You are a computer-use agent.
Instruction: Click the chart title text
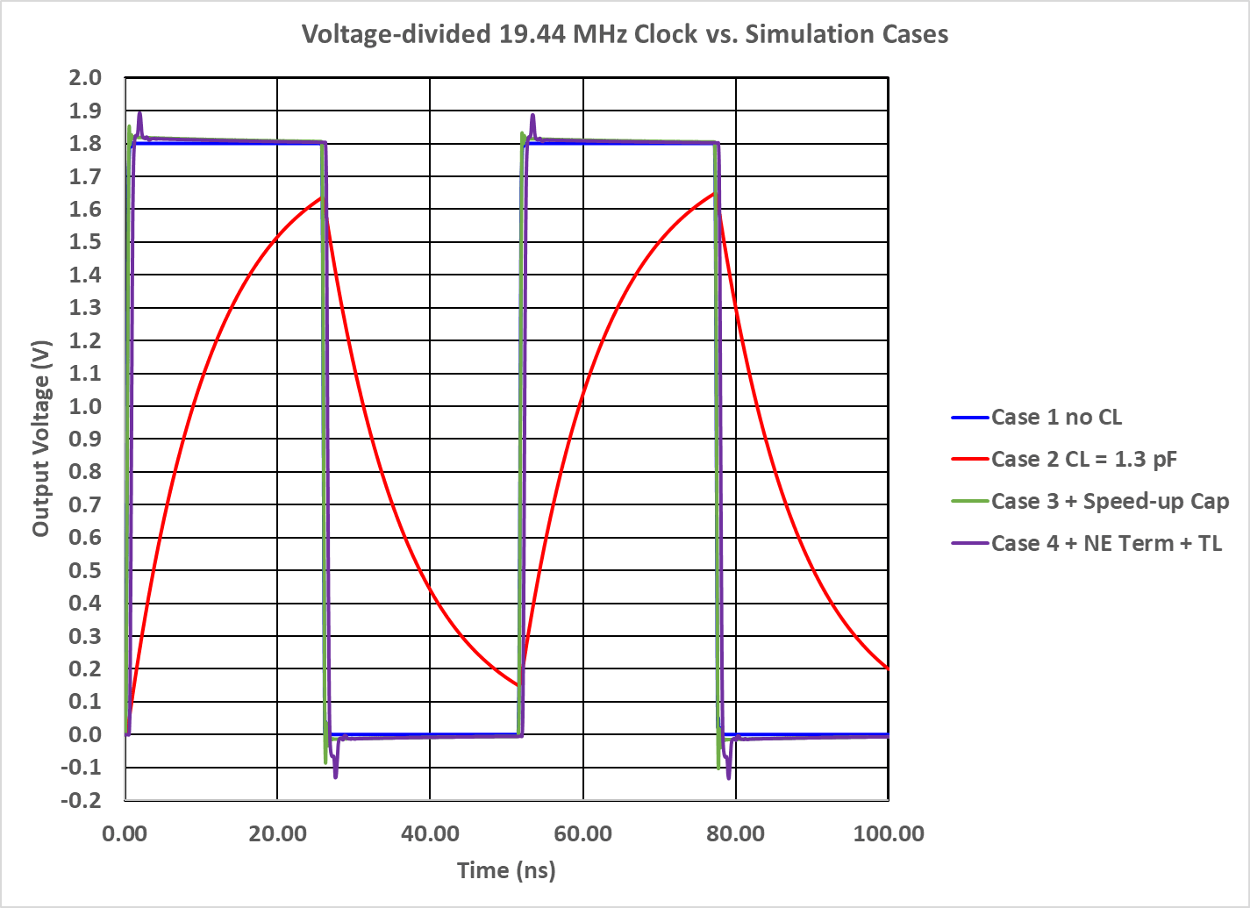[x=625, y=34]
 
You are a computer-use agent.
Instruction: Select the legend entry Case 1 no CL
[x=1056, y=418]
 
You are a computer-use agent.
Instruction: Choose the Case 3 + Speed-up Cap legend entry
[x=1110, y=502]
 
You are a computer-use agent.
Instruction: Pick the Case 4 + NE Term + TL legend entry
[x=1106, y=544]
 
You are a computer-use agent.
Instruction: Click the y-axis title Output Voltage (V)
[x=41, y=439]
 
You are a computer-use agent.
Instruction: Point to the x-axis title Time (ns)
[x=506, y=870]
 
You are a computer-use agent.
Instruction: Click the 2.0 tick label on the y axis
[x=85, y=78]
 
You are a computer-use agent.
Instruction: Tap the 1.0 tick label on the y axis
[x=85, y=406]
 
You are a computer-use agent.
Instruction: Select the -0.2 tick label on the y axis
[x=82, y=800]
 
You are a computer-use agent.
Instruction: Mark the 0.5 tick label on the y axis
[x=85, y=570]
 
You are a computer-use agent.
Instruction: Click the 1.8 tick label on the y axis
[x=85, y=144]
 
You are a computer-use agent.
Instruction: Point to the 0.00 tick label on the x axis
[x=125, y=833]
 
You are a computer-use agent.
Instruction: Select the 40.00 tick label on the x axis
[x=430, y=833]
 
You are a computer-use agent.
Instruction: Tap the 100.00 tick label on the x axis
[x=889, y=833]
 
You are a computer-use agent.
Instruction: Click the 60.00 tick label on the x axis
[x=583, y=833]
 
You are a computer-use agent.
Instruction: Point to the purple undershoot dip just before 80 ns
[x=728, y=774]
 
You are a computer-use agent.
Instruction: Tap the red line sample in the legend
[x=969, y=460]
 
